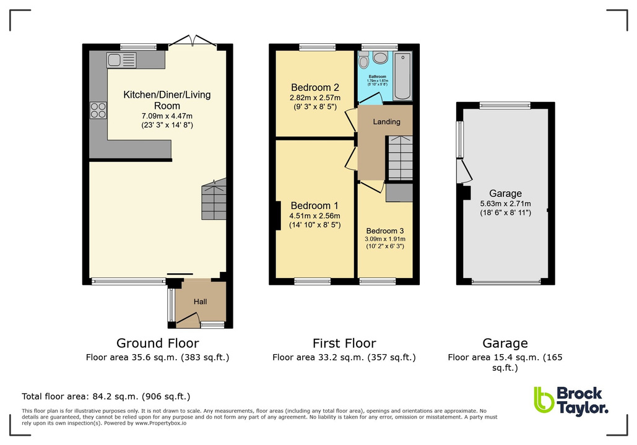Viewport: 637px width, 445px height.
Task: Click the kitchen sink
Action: [x=121, y=60]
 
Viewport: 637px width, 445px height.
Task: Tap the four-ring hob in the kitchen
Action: [x=98, y=109]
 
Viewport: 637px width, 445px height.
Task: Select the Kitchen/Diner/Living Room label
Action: [x=167, y=100]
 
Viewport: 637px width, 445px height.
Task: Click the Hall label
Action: [x=201, y=302]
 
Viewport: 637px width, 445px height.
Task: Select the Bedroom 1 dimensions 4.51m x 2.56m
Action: [x=315, y=216]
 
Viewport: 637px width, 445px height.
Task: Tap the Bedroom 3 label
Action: [x=385, y=232]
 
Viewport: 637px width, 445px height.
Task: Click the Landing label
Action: [x=386, y=122]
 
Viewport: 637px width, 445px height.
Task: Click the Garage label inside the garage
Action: [x=505, y=193]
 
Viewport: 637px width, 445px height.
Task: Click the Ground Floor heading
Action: [x=158, y=343]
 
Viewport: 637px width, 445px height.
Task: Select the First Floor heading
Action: [x=344, y=343]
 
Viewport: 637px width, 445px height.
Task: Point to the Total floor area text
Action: [x=106, y=396]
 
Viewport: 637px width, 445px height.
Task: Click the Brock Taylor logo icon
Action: [x=543, y=400]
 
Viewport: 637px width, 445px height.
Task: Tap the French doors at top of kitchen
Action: [x=192, y=42]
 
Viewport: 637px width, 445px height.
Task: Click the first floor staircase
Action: [x=400, y=158]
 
